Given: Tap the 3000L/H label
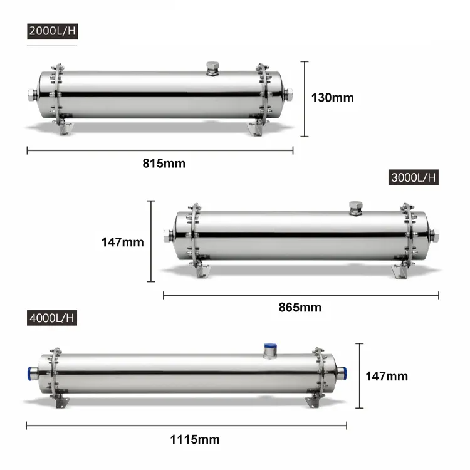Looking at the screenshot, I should point(413,177).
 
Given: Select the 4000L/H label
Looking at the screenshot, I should point(52,318).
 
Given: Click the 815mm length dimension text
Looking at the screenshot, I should point(164,164).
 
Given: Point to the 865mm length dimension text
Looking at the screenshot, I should point(300,307).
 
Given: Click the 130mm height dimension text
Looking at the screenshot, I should point(333,98).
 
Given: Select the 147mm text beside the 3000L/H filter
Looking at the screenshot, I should point(123,242).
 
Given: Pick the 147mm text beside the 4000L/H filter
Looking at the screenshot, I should point(387,376).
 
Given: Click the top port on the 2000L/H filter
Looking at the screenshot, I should point(213,68).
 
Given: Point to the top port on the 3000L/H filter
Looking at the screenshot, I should point(355,209).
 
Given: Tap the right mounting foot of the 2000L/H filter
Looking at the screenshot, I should point(256,128).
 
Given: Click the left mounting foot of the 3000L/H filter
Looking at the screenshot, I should point(201,271).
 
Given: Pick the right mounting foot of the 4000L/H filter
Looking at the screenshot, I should point(311,401).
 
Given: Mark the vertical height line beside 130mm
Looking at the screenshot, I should point(305,98).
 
